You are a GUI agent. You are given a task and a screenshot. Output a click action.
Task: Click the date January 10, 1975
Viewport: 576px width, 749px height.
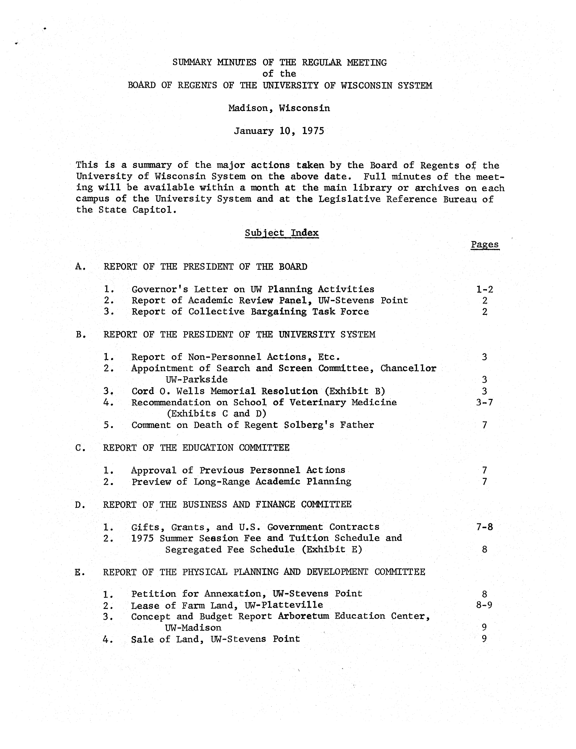point(279,131)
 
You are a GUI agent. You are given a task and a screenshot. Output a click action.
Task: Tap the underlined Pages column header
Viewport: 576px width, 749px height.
point(485,244)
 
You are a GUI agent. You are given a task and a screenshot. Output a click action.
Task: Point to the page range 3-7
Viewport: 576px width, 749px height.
point(484,402)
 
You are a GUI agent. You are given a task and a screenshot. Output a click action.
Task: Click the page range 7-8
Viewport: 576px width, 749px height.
point(484,527)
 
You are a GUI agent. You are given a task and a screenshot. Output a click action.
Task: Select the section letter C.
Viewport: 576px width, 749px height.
point(78,448)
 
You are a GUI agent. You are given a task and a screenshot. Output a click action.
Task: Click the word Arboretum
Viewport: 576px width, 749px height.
point(303,616)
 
